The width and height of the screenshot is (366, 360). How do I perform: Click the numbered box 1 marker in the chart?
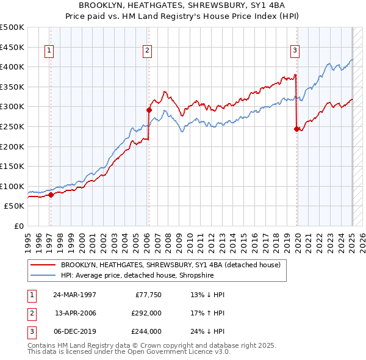[x=48, y=51]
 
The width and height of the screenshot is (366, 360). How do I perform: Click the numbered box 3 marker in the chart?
[x=295, y=51]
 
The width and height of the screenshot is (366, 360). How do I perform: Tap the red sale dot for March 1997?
[x=51, y=195]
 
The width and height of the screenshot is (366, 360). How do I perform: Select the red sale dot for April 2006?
[x=149, y=110]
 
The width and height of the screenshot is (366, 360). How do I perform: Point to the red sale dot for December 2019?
[x=296, y=129]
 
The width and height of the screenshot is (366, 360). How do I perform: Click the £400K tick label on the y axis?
[x=12, y=67]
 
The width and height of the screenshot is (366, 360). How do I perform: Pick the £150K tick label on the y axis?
[x=12, y=166]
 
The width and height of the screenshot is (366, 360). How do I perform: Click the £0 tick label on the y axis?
[x=18, y=226]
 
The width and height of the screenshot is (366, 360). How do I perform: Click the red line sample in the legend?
[x=43, y=265]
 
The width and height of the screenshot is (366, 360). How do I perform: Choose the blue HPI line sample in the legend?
[x=43, y=275]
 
